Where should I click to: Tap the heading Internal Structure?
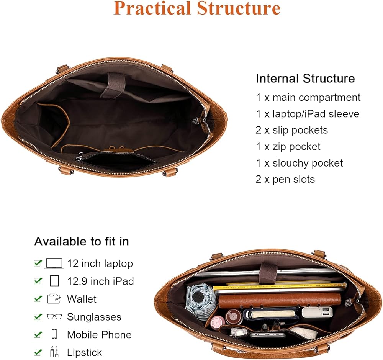[x=305, y=79]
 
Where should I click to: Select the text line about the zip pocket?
[x=288, y=147]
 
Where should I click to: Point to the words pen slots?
[x=293, y=179]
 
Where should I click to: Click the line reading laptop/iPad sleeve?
[x=308, y=114]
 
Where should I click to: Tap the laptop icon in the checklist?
[x=54, y=263]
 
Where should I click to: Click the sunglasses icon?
[x=54, y=317]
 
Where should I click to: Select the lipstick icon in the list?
[x=54, y=352]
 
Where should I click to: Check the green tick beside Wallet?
[x=38, y=299]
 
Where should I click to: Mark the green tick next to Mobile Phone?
[x=38, y=334]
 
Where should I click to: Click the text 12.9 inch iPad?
[x=100, y=281]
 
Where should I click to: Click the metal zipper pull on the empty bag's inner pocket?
[x=79, y=158]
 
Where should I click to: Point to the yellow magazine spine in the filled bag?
[x=280, y=287]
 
